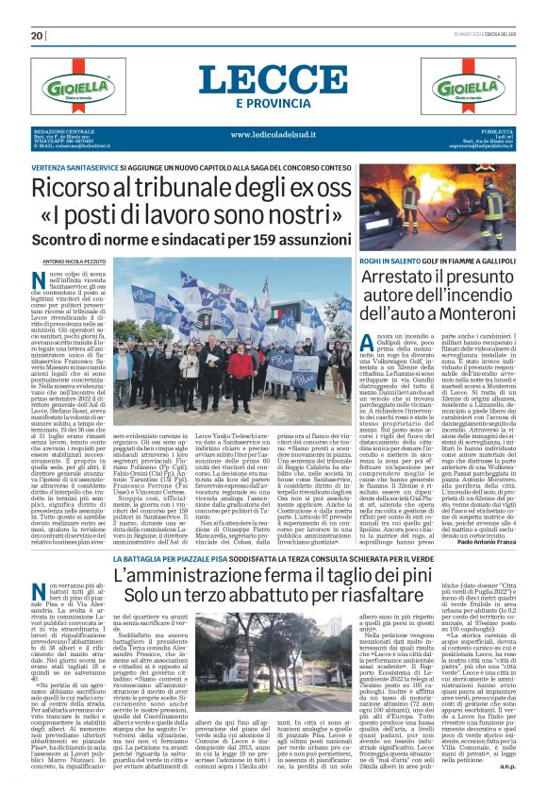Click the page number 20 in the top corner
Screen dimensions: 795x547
coord(38,35)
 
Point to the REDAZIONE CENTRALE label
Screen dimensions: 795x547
coord(58,130)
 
